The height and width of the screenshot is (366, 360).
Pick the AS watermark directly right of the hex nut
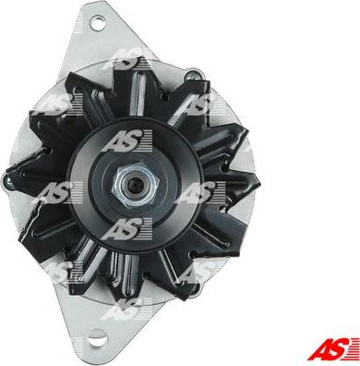tap(198, 194)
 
